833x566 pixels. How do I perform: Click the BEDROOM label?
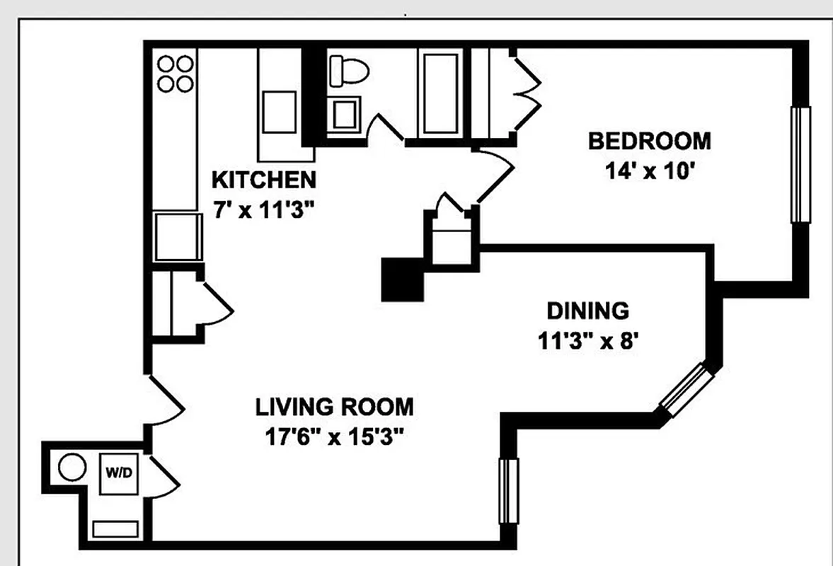(649, 141)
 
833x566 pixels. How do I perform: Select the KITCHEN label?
(264, 180)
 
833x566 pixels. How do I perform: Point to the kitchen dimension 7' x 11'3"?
(264, 210)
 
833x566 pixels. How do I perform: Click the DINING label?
(587, 311)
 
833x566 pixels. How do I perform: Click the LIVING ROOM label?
(334, 408)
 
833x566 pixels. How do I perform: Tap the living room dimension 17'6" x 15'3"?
(334, 437)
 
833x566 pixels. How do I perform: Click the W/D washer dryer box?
(118, 472)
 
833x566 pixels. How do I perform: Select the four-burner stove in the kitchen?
(176, 74)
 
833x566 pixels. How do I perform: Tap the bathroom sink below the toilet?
(345, 115)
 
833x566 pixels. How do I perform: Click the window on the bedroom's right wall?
(800, 165)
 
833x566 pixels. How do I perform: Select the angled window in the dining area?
(684, 388)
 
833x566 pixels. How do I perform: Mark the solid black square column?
(401, 279)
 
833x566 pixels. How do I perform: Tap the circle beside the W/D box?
(71, 468)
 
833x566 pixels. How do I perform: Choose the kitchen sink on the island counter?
(279, 112)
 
